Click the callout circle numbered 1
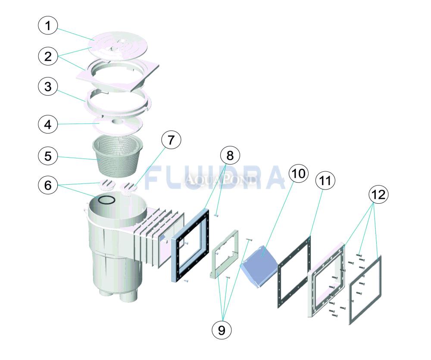click(x=48, y=26)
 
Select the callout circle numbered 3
click(x=48, y=87)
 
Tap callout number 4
click(x=48, y=124)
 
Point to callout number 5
click(x=48, y=156)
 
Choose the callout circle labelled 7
click(x=171, y=140)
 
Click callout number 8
click(x=230, y=156)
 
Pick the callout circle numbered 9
click(x=222, y=330)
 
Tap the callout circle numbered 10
click(x=299, y=174)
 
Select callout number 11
click(x=325, y=181)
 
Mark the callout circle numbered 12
click(x=378, y=195)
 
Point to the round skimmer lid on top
click(x=118, y=46)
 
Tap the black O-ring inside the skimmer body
click(x=106, y=200)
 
